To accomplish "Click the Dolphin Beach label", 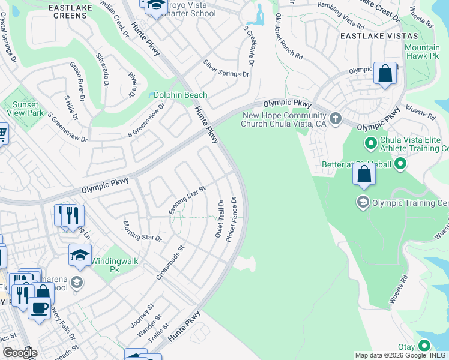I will pyautogui.click(x=181, y=95).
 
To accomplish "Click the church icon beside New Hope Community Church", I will pyautogui.click(x=336, y=118).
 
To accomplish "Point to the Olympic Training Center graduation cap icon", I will pyautogui.click(x=363, y=202).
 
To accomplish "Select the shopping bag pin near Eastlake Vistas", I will pyautogui.click(x=385, y=74).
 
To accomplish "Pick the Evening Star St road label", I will pyautogui.click(x=187, y=200).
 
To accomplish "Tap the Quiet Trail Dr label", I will pyautogui.click(x=220, y=218).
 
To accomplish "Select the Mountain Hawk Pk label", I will pyautogui.click(x=422, y=52).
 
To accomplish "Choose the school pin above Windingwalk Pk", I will pyautogui.click(x=80, y=256).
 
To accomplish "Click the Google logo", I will pyautogui.click(x=19, y=352).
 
